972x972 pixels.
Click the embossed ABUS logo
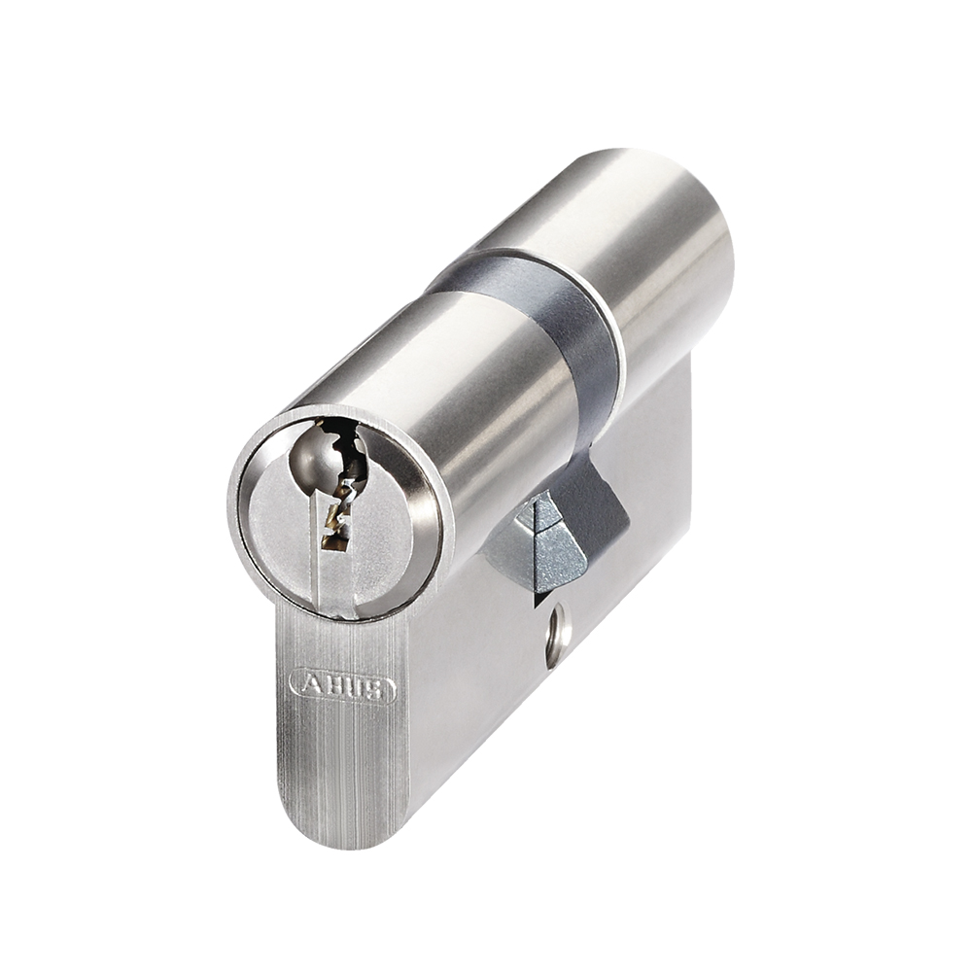343,687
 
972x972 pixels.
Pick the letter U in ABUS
355,687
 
